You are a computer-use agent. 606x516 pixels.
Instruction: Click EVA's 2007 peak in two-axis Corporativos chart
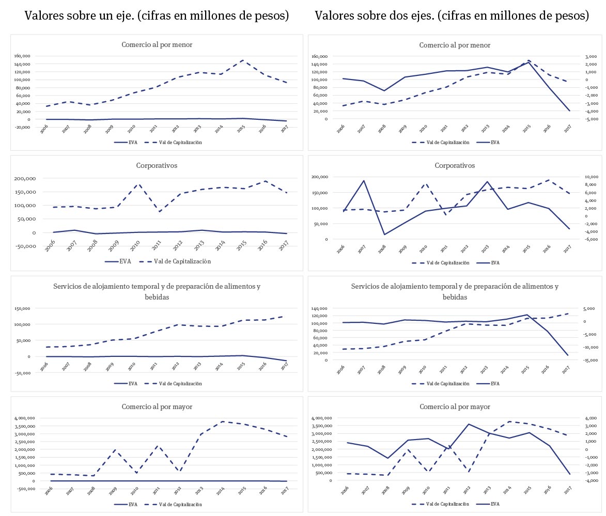click(364, 181)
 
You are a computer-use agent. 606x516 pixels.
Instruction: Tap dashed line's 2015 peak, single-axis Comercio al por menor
click(242, 60)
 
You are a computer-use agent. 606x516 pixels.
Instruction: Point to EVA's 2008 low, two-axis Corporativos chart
click(384, 234)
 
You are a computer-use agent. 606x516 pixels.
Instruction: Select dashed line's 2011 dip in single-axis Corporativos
click(159, 212)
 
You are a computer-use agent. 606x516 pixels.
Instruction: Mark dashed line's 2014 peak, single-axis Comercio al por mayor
click(222, 421)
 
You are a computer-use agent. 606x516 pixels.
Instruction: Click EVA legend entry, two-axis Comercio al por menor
click(495, 142)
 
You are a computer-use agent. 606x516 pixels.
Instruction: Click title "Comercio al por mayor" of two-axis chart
click(455, 407)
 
